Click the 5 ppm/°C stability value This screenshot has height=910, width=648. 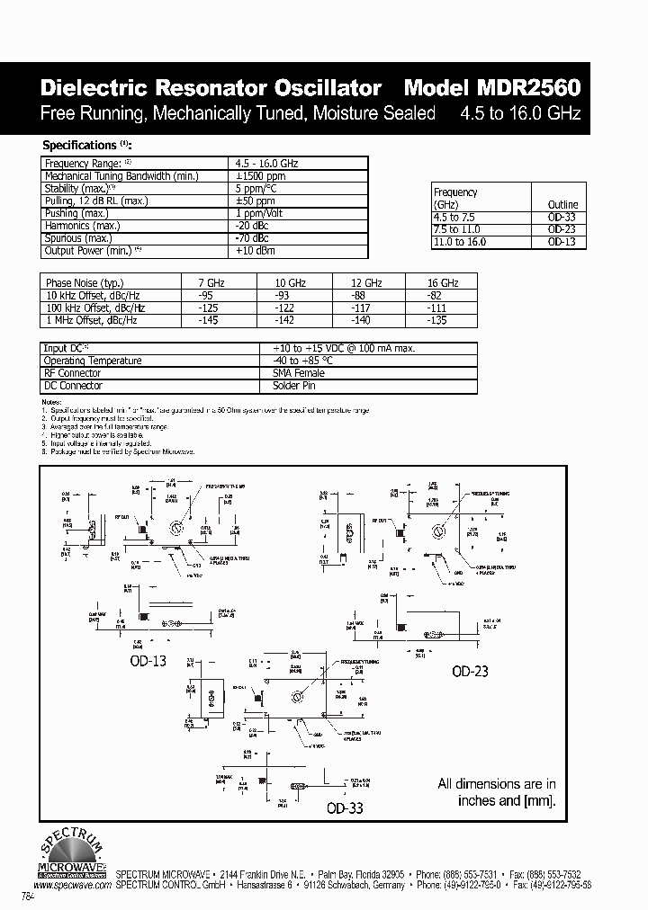(255, 189)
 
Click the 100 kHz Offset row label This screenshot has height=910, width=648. (94, 308)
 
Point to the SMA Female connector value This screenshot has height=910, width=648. (298, 373)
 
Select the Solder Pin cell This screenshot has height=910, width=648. (293, 386)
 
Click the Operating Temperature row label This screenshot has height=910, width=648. (93, 361)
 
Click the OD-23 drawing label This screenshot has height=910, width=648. (470, 671)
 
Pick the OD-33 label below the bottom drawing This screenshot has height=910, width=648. (343, 808)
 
